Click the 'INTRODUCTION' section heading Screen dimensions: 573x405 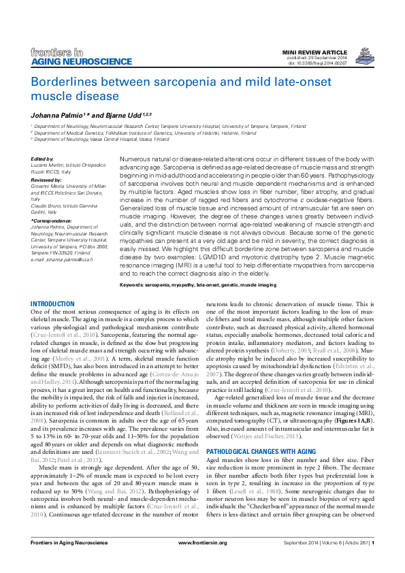(x=53, y=304)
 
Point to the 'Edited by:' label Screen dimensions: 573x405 (x=42, y=158)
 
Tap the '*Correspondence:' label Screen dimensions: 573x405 (x=50, y=221)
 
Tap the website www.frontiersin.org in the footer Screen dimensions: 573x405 (x=202, y=561)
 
